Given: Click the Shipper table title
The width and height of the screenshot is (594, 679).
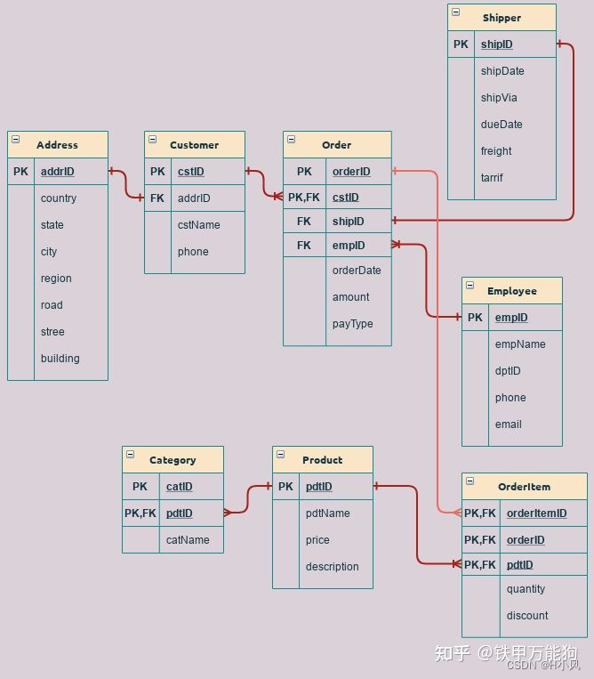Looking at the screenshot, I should [502, 18].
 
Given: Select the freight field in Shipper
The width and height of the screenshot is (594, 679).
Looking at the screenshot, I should [496, 151].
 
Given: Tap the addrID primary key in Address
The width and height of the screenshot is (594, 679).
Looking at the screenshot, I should [58, 172].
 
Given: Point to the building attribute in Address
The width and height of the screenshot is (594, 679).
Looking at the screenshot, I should [60, 359].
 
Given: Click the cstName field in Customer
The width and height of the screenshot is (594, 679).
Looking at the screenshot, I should [198, 225].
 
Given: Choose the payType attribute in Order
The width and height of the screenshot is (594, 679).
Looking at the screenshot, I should [352, 324].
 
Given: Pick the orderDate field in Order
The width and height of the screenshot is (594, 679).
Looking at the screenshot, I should [357, 271].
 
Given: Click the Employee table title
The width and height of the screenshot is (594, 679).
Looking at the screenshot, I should [511, 291].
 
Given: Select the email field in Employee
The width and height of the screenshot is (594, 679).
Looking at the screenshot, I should [508, 424].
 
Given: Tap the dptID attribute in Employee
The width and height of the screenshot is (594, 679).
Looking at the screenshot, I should [508, 371].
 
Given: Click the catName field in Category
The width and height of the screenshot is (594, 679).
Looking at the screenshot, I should [188, 540].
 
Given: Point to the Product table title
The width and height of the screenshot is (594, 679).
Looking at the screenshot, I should [322, 460].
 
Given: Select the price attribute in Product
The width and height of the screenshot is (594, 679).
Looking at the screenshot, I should [317, 540].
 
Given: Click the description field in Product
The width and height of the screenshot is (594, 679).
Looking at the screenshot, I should [332, 567].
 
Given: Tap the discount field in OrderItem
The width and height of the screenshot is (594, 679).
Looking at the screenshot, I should [527, 616].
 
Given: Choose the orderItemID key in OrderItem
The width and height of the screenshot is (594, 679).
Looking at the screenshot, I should [536, 513].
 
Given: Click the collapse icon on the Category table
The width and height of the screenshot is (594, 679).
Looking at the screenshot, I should [130, 455].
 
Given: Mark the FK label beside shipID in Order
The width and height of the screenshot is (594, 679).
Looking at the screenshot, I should [304, 222].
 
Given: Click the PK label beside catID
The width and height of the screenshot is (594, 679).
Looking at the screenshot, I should [140, 487].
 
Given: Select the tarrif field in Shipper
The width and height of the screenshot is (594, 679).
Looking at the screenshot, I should [492, 178].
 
